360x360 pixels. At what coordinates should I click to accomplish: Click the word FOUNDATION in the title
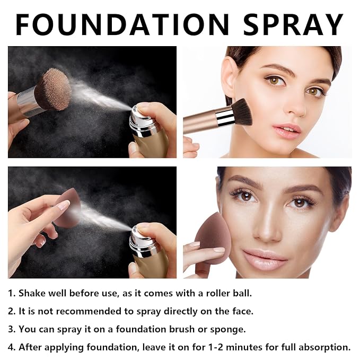(122, 24)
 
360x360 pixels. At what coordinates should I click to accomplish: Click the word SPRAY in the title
(293, 24)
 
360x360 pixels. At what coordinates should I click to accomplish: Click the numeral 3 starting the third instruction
(11, 329)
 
